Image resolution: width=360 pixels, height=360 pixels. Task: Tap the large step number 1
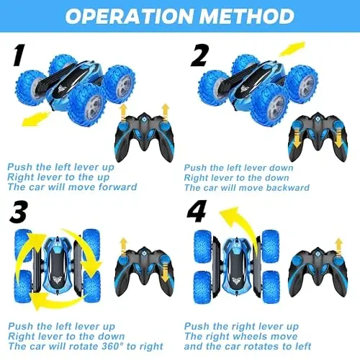[x=19, y=55]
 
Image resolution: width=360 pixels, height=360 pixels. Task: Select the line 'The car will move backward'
[x=247, y=187]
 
